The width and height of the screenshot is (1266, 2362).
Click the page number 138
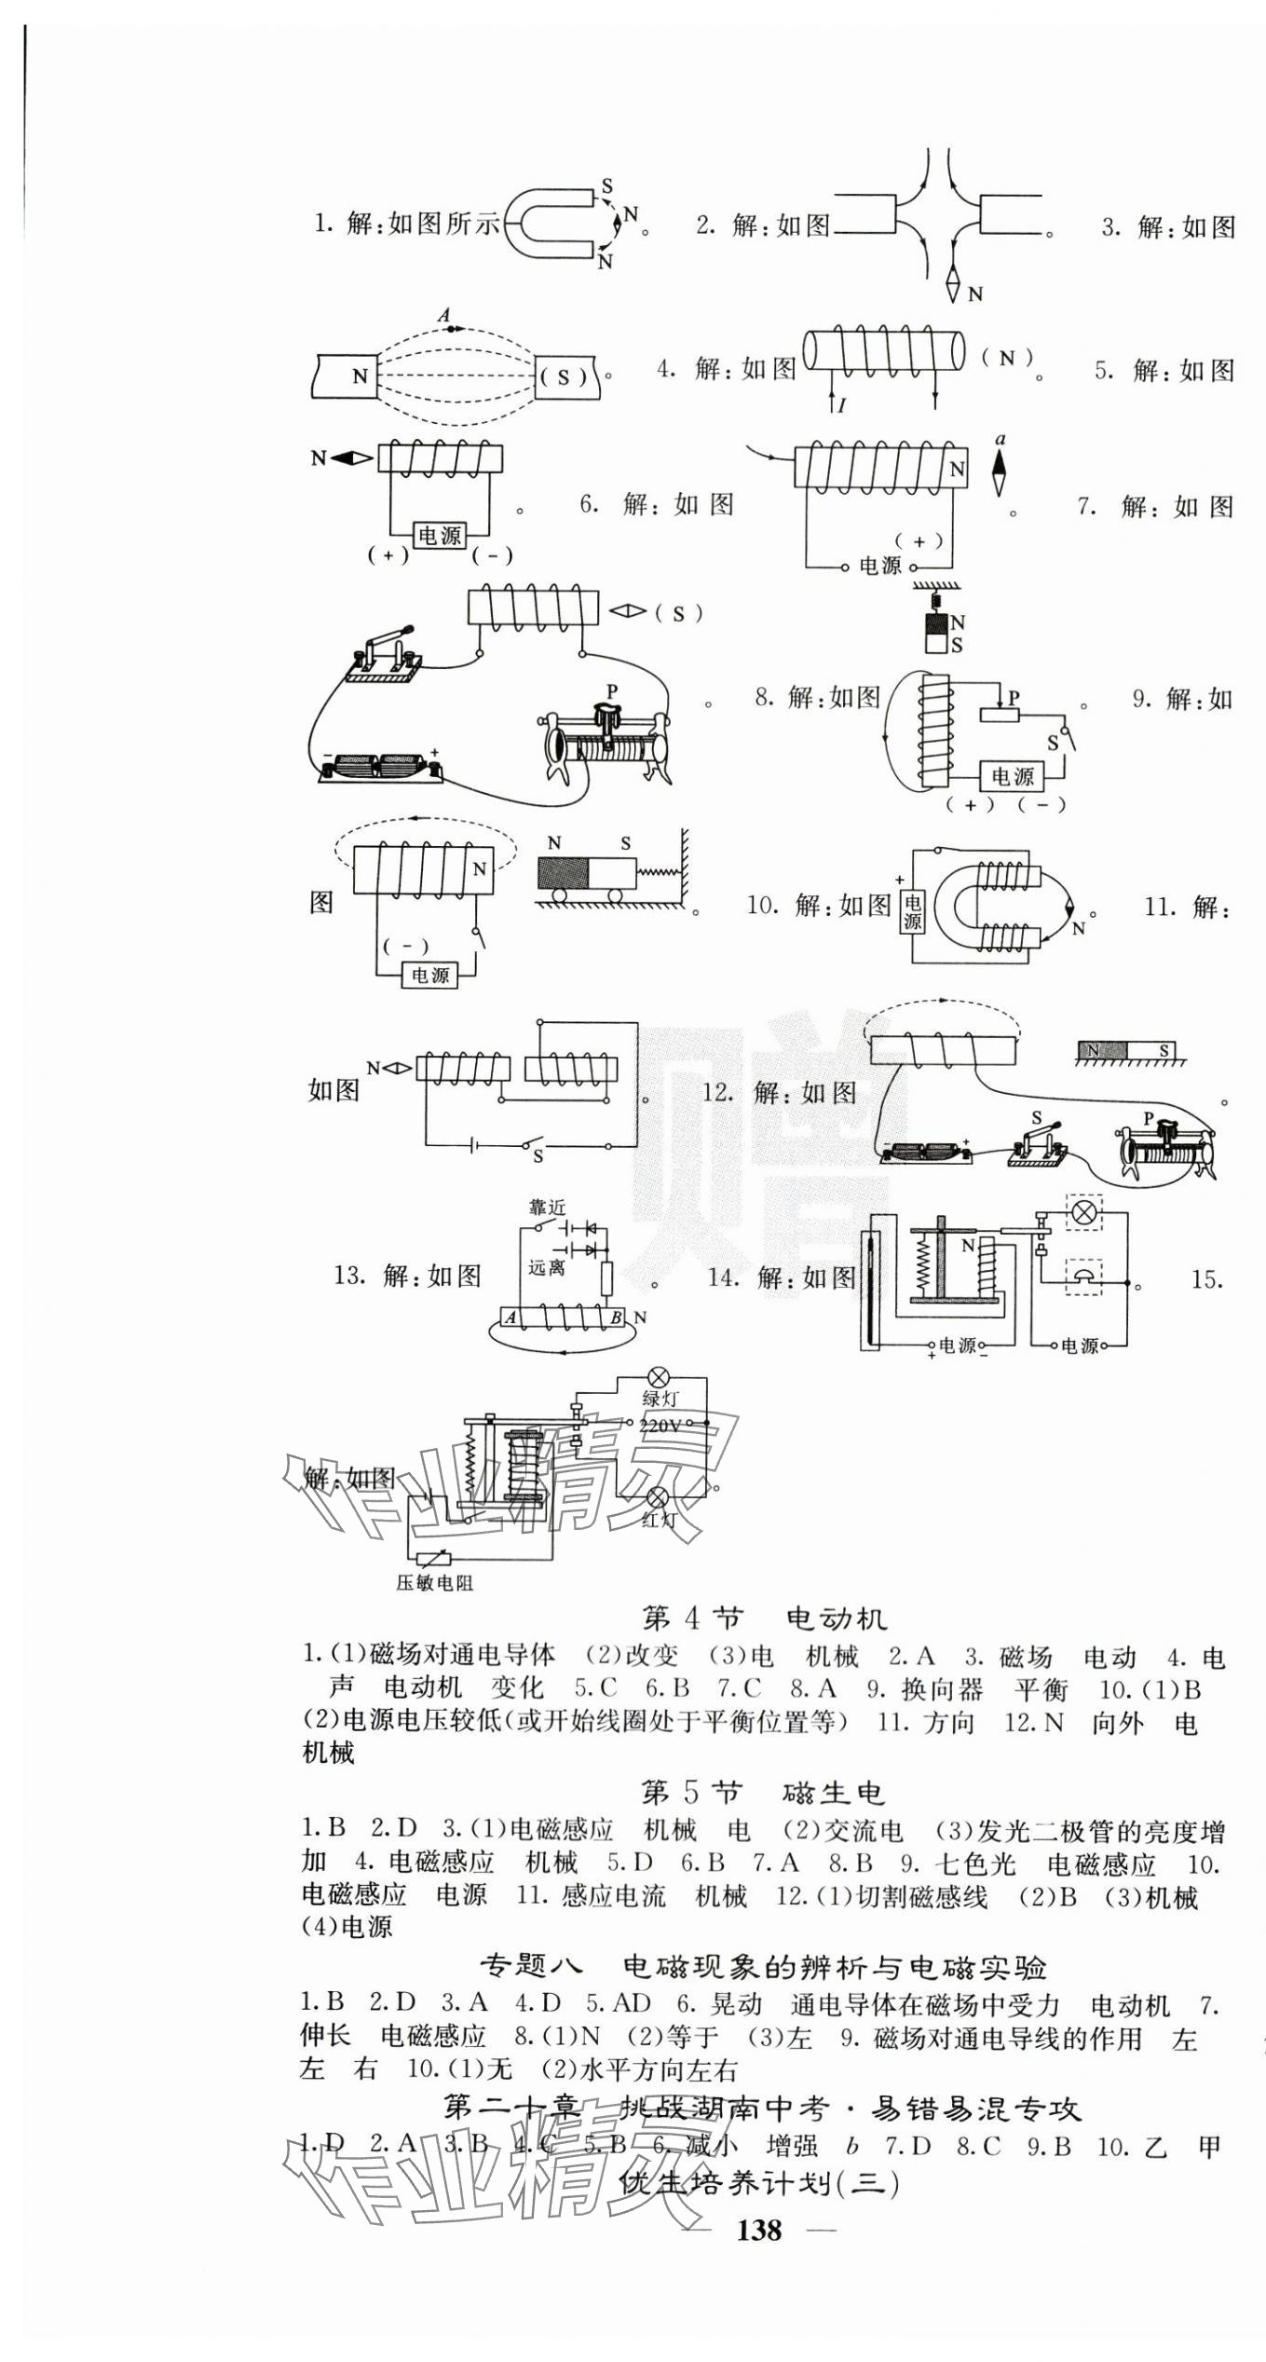tap(759, 2229)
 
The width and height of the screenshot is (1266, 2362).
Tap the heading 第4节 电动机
tap(765, 1618)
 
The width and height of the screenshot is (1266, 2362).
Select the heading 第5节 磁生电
tap(761, 1792)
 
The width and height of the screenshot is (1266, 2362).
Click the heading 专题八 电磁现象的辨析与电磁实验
tap(763, 1966)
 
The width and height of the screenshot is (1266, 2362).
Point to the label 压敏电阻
tap(434, 1583)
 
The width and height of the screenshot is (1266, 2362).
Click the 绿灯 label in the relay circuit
tap(660, 1398)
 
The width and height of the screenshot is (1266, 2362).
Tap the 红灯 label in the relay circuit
tap(659, 1519)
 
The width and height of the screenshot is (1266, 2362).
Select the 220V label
tap(660, 1425)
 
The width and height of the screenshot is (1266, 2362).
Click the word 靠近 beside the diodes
tap(547, 1208)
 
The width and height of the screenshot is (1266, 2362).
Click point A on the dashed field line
tap(447, 327)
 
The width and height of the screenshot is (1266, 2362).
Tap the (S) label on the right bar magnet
tap(564, 377)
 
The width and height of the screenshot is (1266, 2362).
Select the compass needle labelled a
tap(1000, 471)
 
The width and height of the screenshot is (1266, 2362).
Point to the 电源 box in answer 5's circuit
tap(439, 536)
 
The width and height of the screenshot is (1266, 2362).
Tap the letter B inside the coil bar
tap(616, 1318)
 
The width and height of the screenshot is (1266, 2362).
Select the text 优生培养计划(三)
tap(759, 2183)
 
